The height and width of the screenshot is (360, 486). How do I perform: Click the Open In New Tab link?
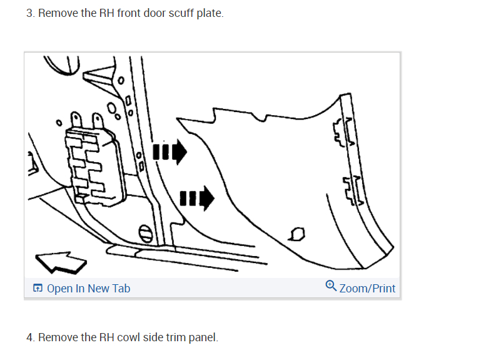click(88, 289)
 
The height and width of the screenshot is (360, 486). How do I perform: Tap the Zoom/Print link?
click(367, 289)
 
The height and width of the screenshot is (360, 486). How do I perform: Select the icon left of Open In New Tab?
click(38, 289)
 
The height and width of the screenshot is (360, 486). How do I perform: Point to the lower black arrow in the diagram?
click(196, 200)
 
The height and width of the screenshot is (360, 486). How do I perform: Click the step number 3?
click(30, 13)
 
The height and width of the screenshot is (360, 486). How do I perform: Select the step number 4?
click(30, 337)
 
